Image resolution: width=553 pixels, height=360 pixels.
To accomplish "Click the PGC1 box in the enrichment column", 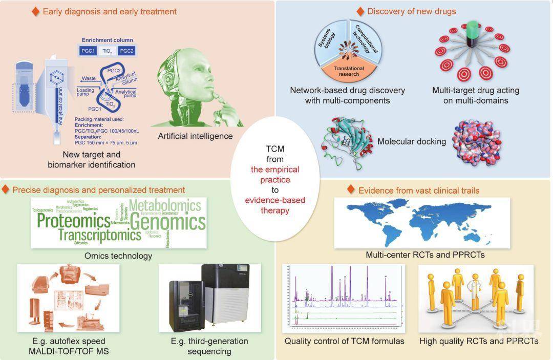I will pos(90,50).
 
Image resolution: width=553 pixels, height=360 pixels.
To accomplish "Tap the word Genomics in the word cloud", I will pos(167,222).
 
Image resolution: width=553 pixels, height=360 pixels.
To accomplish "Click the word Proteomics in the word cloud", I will pos(73,221).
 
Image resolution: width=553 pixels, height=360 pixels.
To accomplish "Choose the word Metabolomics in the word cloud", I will pos(165,206).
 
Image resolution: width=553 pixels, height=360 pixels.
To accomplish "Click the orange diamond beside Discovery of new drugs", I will pos(360,11).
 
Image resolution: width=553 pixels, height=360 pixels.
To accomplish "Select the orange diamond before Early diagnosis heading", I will pos(36,11).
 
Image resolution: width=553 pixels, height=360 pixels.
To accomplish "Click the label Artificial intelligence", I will pos(195,136).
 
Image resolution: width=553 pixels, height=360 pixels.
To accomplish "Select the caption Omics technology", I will pos(119,256).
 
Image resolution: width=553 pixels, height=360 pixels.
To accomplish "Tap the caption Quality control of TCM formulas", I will pos(344,341).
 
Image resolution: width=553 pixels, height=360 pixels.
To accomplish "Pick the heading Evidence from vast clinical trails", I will pos(419,190).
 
